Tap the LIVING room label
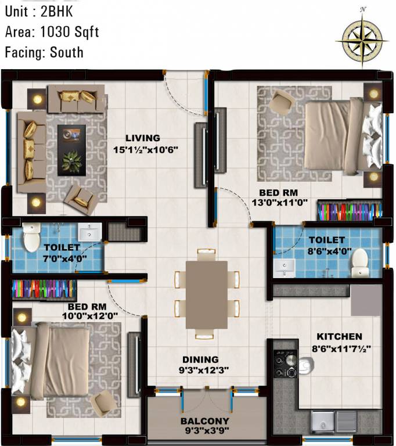142,138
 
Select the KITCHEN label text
339,336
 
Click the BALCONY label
204,420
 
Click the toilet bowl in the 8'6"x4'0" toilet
361,261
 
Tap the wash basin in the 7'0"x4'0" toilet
89,232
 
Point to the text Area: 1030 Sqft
52,32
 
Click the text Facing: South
44,52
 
